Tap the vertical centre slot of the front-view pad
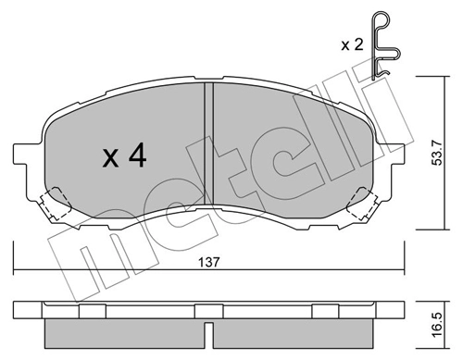[x=208, y=139]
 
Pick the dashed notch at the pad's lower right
[x=360, y=200]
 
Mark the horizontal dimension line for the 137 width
[x=111, y=269]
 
